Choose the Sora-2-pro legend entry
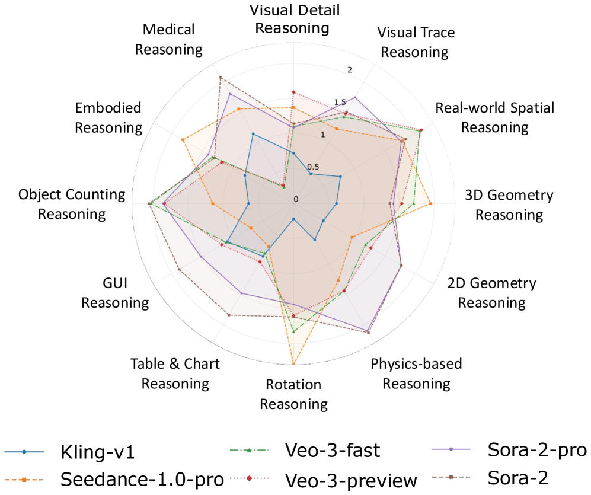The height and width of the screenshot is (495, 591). coord(537,449)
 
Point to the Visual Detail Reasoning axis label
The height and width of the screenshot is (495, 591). coord(295,19)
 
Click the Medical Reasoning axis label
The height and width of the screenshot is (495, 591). coord(169,39)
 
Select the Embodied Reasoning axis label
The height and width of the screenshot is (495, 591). coord(108,117)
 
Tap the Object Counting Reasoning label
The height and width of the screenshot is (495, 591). coord(72,204)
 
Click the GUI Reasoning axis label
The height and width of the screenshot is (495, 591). coord(115,293)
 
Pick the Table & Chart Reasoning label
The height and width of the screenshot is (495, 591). coord(175,373)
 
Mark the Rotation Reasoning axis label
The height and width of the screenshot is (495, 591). coord(294,395)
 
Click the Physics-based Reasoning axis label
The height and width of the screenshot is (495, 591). coord(416,373)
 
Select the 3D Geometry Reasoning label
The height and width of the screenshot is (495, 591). coord(509,205)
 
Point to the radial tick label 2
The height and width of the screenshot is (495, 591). coord(350,71)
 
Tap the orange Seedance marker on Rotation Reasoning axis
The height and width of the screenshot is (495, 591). coord(293,363)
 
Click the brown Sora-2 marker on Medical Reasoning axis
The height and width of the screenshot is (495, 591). coord(220,78)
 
